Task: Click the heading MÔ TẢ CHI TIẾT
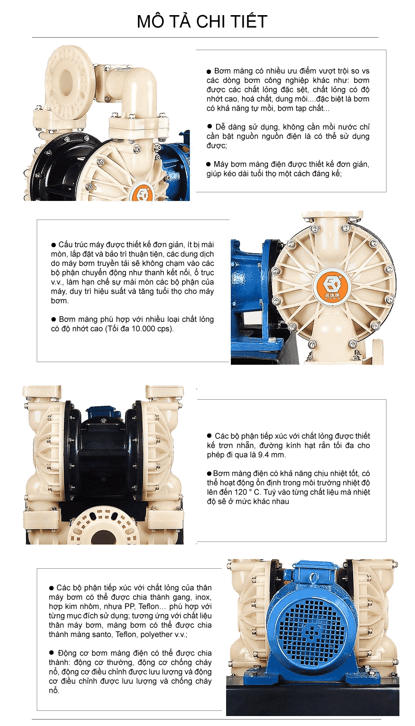[x=202, y=22]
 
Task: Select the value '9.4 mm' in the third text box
[x=271, y=455]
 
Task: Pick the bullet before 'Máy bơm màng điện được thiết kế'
[x=208, y=165]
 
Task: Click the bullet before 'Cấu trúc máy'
[x=54, y=245]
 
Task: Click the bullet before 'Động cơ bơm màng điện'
[x=51, y=653]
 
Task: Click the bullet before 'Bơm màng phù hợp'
[x=54, y=319]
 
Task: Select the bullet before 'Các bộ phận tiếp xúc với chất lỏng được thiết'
[x=209, y=436]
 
